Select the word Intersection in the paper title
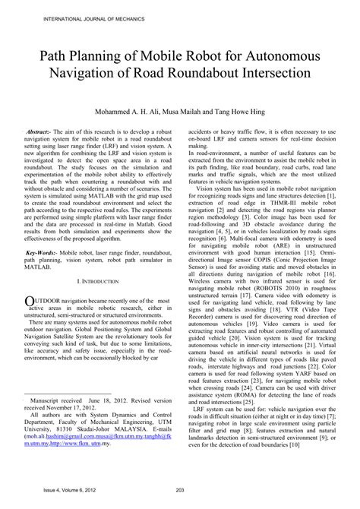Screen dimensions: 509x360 click(x=268, y=76)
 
